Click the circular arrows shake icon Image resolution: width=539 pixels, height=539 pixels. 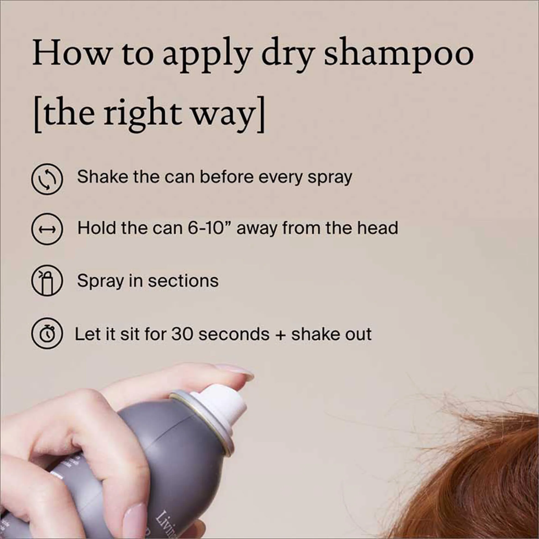47,179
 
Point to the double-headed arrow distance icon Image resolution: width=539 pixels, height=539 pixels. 47,229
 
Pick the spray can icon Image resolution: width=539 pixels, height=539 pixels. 47,281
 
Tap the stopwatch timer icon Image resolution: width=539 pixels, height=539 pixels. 47,333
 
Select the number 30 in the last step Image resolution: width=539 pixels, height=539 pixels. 182,334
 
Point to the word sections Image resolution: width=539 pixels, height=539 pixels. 183,281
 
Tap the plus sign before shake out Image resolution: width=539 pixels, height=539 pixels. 281,335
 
